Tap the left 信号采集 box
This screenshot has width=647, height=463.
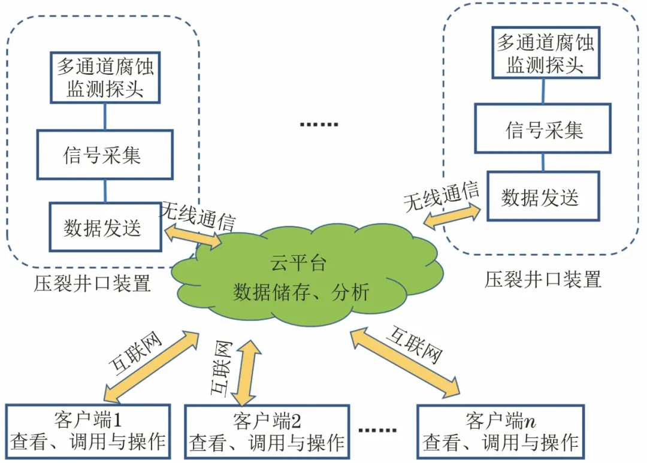click(x=105, y=155)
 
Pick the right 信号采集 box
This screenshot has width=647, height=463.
click(x=543, y=129)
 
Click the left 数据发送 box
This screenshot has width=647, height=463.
click(x=105, y=227)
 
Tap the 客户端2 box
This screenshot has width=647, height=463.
click(x=267, y=432)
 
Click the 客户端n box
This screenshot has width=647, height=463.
click(x=500, y=431)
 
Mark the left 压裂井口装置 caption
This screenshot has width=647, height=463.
click(x=92, y=283)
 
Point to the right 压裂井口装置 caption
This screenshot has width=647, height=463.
click(x=542, y=279)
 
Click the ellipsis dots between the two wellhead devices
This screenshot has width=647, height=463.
click(x=319, y=125)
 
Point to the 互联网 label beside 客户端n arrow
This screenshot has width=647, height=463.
click(x=414, y=344)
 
